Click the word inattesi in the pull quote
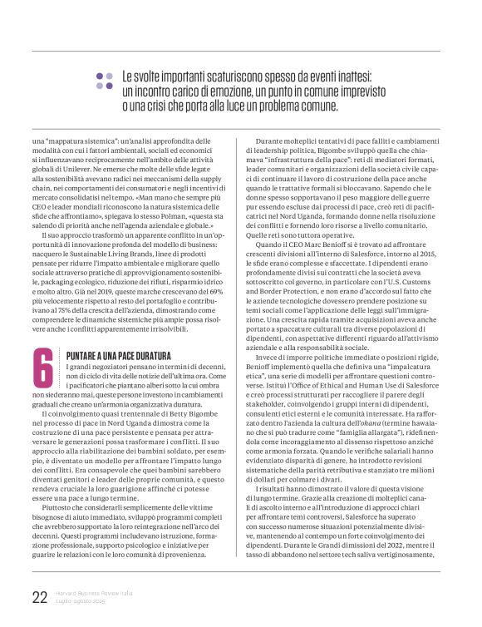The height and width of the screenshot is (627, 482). coord(347,75)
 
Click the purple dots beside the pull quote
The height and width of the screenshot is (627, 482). coord(106,79)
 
